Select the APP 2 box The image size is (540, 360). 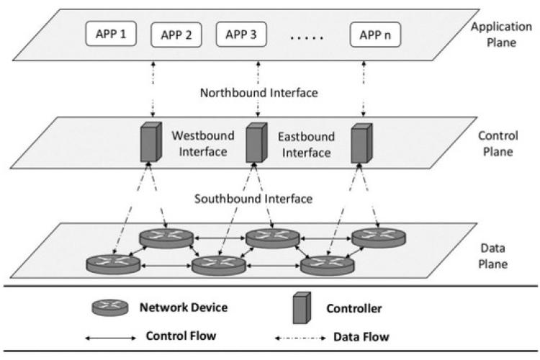(176, 35)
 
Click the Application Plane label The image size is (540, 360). (495, 35)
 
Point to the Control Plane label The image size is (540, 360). (495, 143)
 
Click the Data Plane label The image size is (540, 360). (494, 256)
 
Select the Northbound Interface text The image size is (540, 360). (258, 93)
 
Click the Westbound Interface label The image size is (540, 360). (199, 143)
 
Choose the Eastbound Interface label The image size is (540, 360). (307, 143)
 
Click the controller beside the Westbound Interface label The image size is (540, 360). (148, 142)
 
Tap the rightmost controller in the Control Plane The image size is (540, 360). (360, 142)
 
